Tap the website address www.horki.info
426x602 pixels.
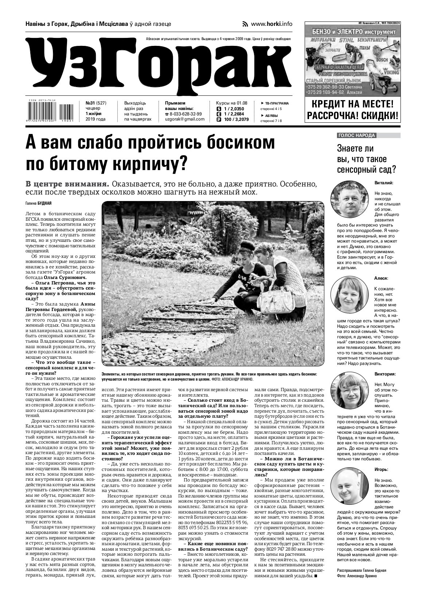point(271,24)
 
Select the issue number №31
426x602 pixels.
point(91,103)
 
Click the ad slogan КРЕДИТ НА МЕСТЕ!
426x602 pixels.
point(352,104)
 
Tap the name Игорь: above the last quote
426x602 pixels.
point(381,470)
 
